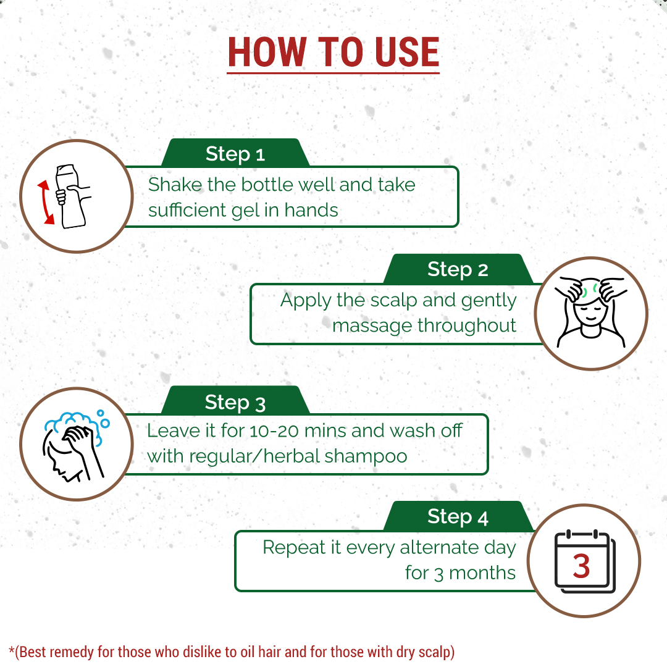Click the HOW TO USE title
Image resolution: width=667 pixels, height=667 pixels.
(333, 52)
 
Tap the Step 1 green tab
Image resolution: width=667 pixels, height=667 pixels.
(235, 153)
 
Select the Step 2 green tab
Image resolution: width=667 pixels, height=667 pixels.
(458, 269)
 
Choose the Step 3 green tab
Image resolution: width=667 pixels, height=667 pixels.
(235, 401)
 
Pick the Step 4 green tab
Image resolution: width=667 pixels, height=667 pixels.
(458, 516)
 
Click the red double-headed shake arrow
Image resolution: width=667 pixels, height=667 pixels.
(45, 202)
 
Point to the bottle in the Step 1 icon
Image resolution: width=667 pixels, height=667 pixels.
(71, 196)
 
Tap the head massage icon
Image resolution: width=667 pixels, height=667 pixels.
(590, 312)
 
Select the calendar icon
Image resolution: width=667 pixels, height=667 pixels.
(585, 561)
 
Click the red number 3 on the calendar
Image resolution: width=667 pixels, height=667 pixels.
(581, 566)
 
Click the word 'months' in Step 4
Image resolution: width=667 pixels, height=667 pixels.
(482, 573)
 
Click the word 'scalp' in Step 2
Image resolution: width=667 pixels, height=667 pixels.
(393, 301)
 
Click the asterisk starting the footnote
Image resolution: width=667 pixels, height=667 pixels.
(12, 649)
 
